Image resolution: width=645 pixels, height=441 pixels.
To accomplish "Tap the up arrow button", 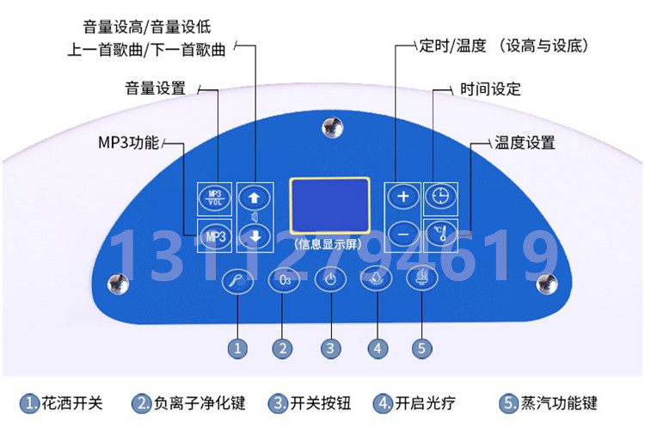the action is (255, 198).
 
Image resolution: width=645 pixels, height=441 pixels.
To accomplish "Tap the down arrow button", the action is (255, 236).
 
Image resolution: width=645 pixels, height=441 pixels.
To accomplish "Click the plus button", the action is (402, 197).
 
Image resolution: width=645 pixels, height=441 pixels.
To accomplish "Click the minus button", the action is (402, 235).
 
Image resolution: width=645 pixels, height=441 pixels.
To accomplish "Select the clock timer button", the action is (440, 196).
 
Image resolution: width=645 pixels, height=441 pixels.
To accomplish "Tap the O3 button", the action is (285, 280).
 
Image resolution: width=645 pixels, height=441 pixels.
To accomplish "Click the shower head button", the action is (237, 281).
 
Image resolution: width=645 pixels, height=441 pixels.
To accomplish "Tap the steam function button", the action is (421, 278).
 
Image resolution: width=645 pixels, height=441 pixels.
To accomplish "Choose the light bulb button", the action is (376, 279).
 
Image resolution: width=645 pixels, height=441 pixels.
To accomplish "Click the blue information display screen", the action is (329, 205).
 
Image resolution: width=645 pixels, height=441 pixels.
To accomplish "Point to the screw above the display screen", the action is (332, 127).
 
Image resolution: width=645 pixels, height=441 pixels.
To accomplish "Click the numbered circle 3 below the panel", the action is (330, 348).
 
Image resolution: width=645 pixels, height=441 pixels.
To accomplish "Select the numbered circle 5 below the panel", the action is (421, 348).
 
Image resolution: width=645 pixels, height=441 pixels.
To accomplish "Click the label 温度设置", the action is (525, 143).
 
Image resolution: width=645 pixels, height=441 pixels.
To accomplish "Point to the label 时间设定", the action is (490, 89).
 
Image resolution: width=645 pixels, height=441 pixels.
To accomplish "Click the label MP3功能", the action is (128, 143).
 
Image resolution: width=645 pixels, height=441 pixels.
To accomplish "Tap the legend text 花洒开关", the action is (72, 403).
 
